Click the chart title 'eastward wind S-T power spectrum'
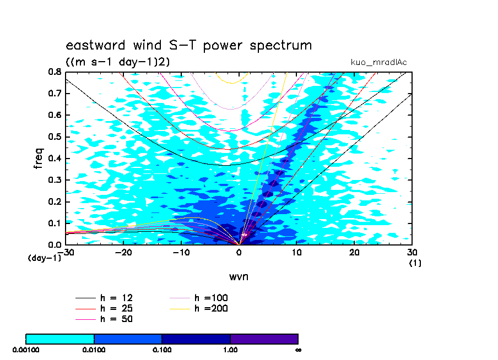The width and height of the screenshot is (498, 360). pos(188,45)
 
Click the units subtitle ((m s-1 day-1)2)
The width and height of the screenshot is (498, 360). pos(117,62)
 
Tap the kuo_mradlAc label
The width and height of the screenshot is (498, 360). pos(378,62)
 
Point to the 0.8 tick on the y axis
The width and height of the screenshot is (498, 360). pos(55,72)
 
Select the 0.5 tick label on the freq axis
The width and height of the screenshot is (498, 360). pos(55,137)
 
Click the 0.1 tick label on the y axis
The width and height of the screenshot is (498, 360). pos(55,223)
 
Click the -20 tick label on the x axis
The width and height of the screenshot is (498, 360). pos(123,253)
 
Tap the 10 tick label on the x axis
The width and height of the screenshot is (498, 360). pos(296,253)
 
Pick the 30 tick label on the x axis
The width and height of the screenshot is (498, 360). pos(412,253)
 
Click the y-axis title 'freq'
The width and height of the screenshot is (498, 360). pos(39,158)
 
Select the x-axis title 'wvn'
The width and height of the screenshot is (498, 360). pos(239,277)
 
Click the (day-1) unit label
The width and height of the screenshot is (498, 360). pos(44,258)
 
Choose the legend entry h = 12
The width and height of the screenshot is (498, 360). pos(104,298)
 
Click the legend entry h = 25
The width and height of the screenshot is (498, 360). pos(104,309)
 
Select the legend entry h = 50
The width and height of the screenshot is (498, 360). pos(104,319)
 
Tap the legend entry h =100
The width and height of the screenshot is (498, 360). pos(198,298)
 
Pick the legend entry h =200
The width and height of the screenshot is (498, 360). pos(198,309)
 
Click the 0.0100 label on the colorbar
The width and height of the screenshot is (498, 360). pos(94,350)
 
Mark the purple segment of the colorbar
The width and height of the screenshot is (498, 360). pos(264,339)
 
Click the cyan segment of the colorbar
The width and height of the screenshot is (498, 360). pos(59,339)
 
